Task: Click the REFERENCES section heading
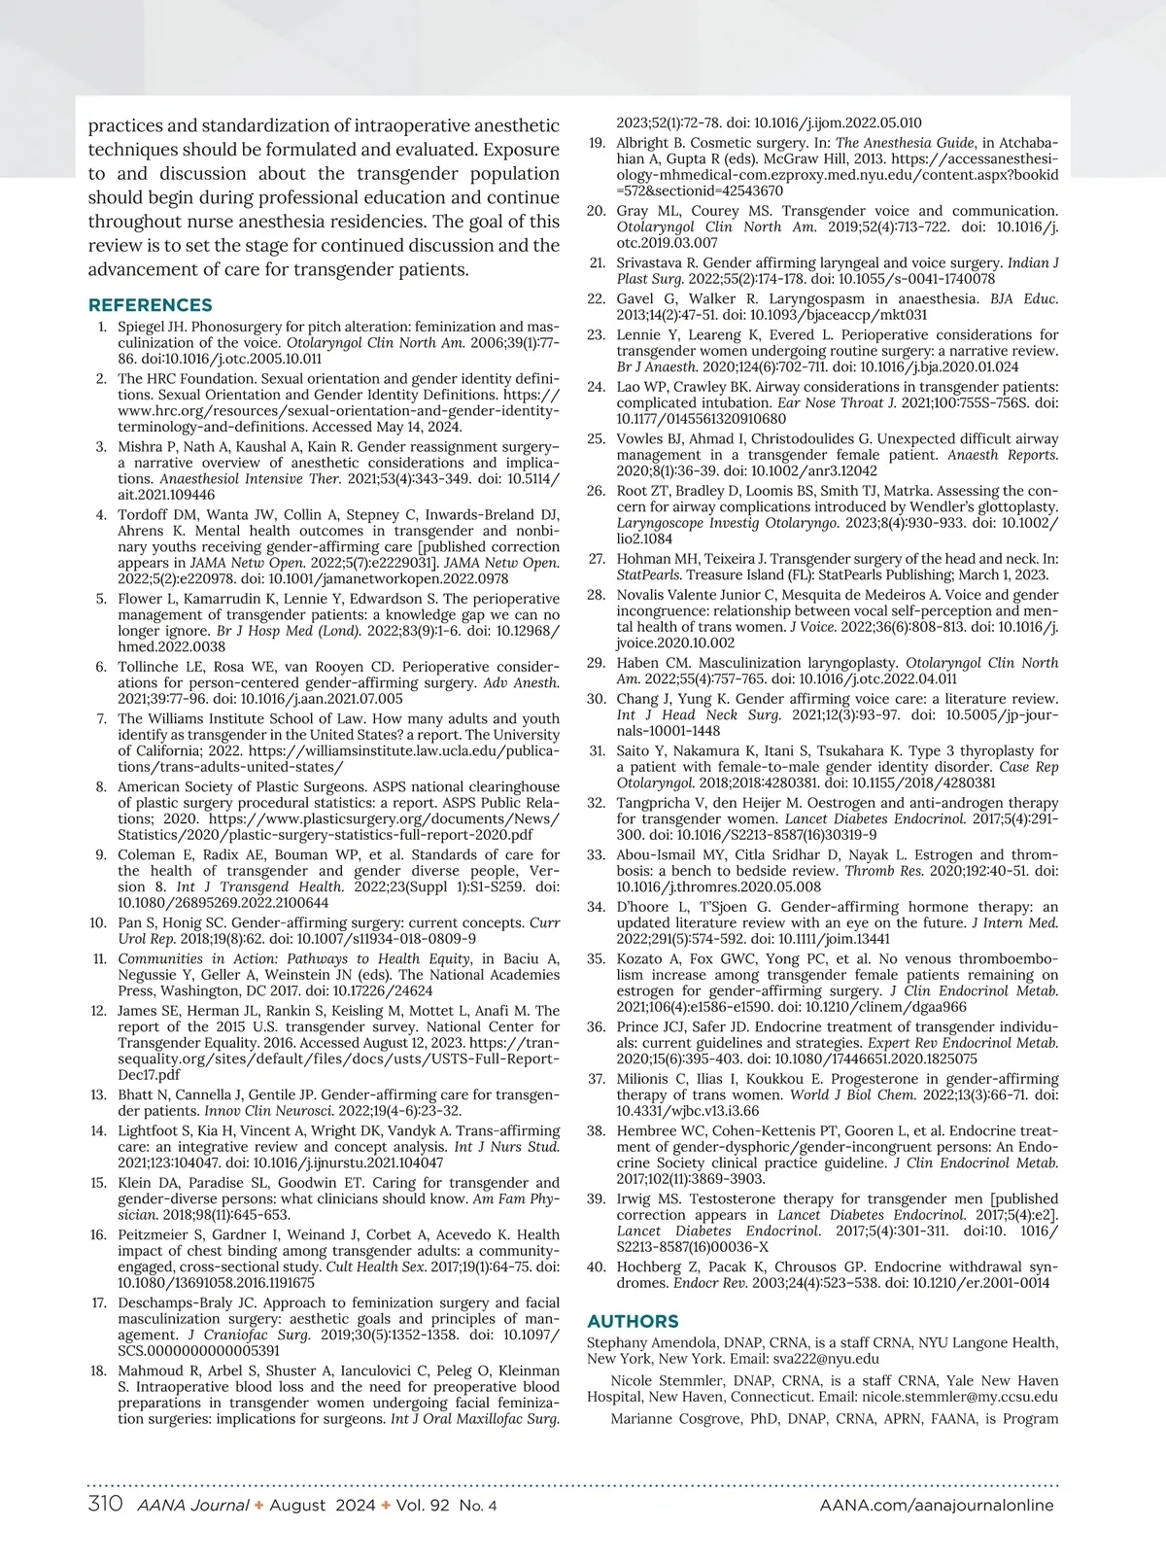pyautogui.click(x=150, y=305)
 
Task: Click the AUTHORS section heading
pyautogui.click(x=633, y=1321)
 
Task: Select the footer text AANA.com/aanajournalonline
pyautogui.click(x=937, y=1505)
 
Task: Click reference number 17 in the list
pyautogui.click(x=99, y=1302)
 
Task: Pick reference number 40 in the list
pyautogui.click(x=597, y=1266)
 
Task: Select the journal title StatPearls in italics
pyautogui.click(x=646, y=574)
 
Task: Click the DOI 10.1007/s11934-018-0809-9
pyautogui.click(x=389, y=939)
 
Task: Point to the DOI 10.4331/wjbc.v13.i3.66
pyautogui.click(x=688, y=1110)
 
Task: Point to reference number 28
pyautogui.click(x=597, y=595)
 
